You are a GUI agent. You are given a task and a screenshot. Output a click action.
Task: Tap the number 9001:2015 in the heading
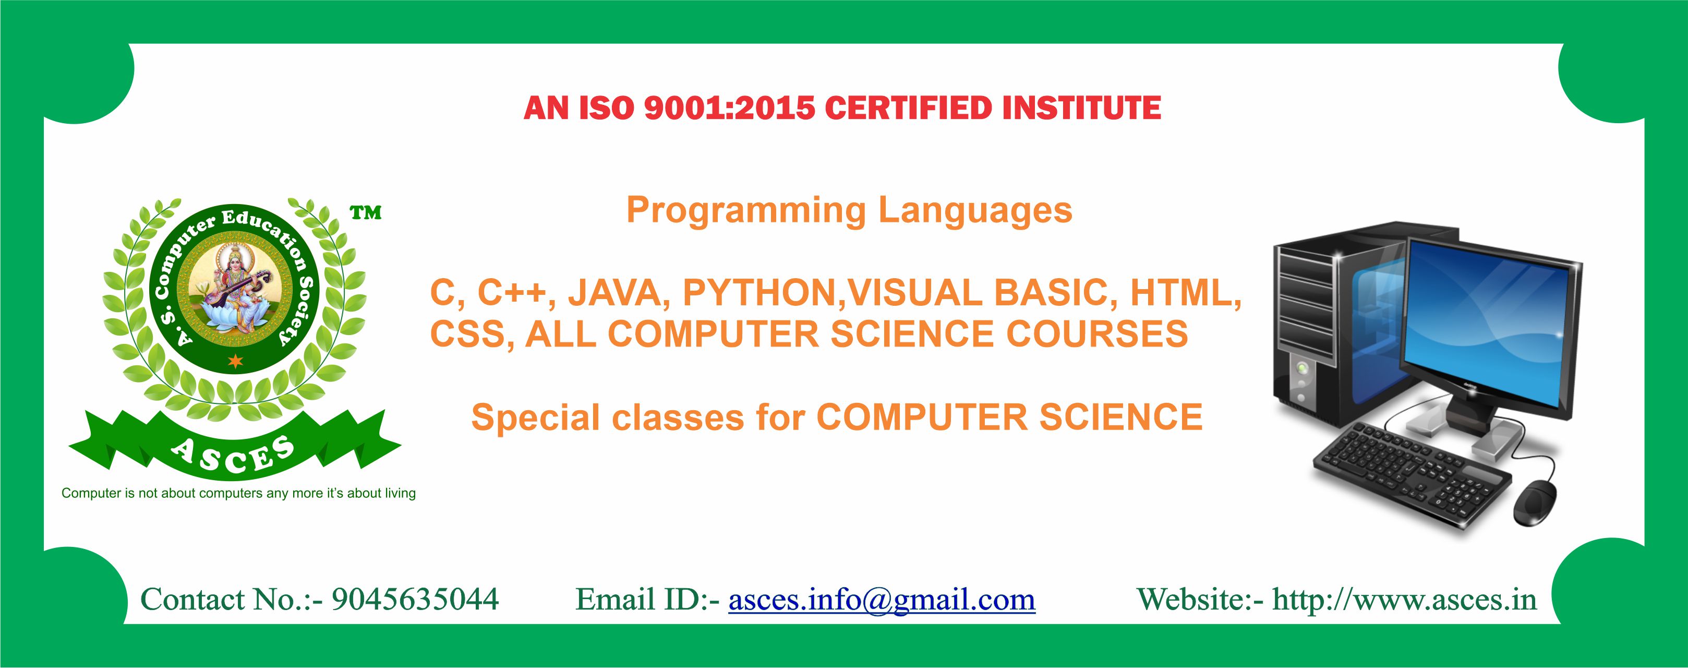click(729, 108)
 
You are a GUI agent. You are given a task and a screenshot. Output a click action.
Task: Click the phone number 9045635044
click(415, 599)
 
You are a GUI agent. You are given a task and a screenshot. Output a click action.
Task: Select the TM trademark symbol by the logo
click(366, 212)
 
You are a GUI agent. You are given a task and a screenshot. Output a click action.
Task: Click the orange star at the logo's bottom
click(235, 360)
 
